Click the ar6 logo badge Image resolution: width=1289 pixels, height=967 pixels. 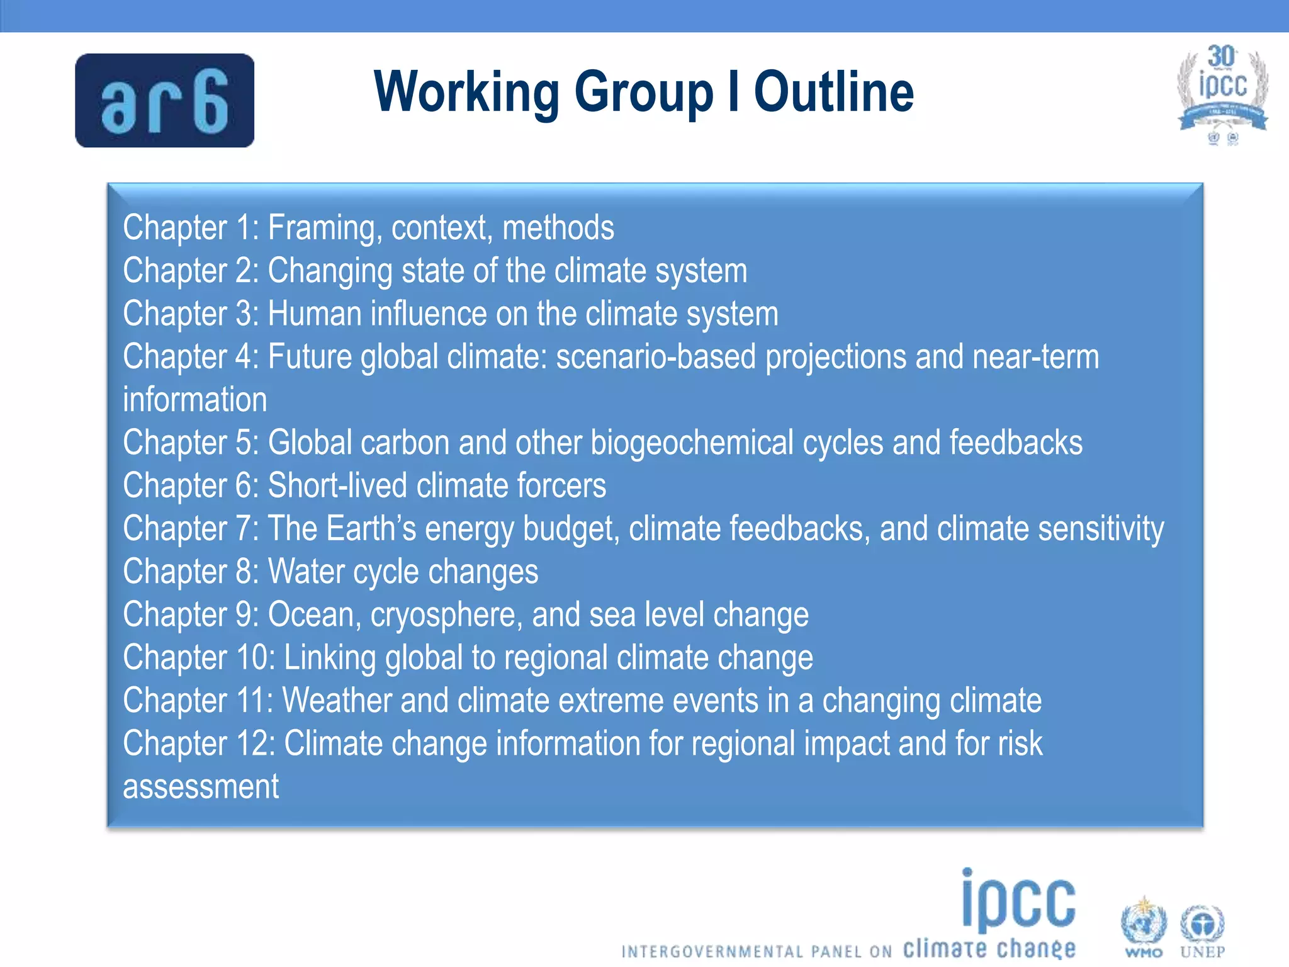[164, 101]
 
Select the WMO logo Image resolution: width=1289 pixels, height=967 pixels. [1143, 928]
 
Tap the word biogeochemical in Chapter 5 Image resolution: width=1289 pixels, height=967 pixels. [692, 443]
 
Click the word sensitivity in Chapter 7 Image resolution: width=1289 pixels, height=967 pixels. [1101, 529]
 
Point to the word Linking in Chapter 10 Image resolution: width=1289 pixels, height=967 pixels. [330, 658]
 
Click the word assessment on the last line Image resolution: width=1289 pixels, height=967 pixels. [201, 787]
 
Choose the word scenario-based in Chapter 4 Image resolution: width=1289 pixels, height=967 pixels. [656, 357]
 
